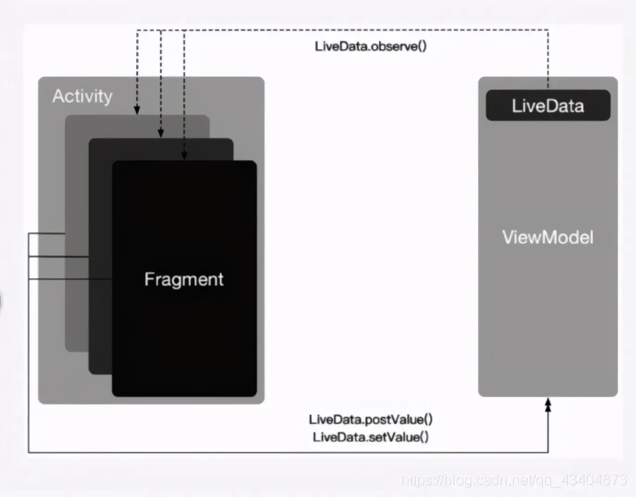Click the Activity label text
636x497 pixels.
82,96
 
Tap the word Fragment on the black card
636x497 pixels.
184,279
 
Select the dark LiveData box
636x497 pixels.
548,105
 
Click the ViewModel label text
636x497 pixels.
548,237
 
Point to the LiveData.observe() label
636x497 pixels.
370,46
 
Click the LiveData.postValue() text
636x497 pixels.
370,419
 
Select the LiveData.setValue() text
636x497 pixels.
370,437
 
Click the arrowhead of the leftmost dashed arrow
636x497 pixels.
137,110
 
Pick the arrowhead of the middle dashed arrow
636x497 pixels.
161,133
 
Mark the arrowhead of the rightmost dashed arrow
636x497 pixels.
184,155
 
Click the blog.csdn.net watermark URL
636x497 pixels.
514,480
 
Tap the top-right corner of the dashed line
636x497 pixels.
548,30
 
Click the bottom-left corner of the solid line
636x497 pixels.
29,452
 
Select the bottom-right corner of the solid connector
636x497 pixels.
548,452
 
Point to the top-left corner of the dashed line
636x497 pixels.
137,31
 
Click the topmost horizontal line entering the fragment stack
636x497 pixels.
46,233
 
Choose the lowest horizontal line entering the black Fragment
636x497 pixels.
70,279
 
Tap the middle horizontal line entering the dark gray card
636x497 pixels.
58,256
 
